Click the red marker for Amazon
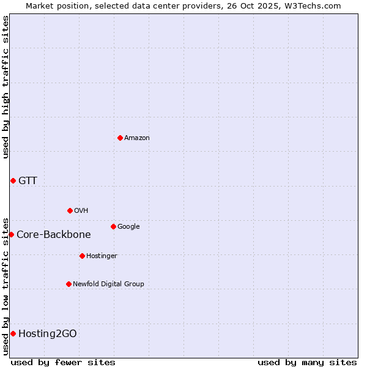click(x=120, y=138)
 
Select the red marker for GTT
click(x=13, y=180)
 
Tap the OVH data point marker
click(x=70, y=210)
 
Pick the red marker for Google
click(x=113, y=226)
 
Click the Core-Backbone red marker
click(x=11, y=234)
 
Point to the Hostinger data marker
click(x=82, y=256)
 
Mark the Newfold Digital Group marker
click(x=69, y=284)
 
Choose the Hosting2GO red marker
click(x=13, y=333)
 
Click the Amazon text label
click(x=136, y=138)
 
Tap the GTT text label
click(x=28, y=180)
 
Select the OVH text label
click(x=81, y=210)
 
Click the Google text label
click(x=128, y=226)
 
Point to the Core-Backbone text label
click(x=53, y=234)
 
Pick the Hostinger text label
click(x=102, y=256)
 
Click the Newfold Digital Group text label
click(x=108, y=284)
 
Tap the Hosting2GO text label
click(x=48, y=333)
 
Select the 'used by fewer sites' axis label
click(x=63, y=362)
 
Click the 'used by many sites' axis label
click(x=307, y=362)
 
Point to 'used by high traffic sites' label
click(x=6, y=87)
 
